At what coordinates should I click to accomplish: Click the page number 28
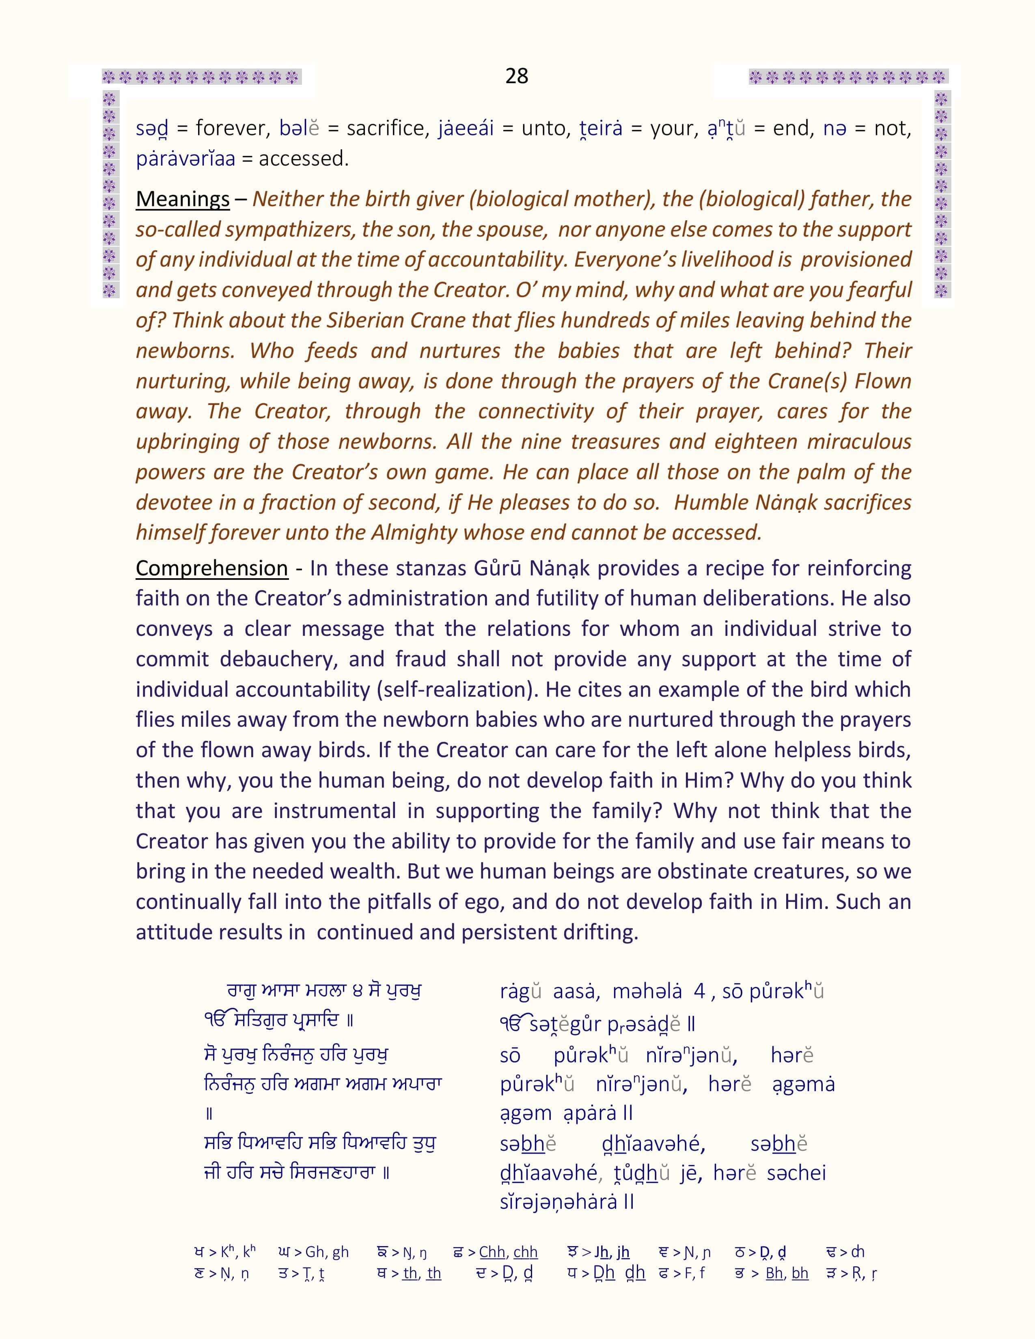(516, 76)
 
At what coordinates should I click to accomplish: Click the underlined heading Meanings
(182, 199)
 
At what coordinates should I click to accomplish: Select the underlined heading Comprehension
(211, 568)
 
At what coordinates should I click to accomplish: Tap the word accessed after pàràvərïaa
(304, 159)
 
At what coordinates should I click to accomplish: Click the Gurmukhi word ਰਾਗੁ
(240, 991)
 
